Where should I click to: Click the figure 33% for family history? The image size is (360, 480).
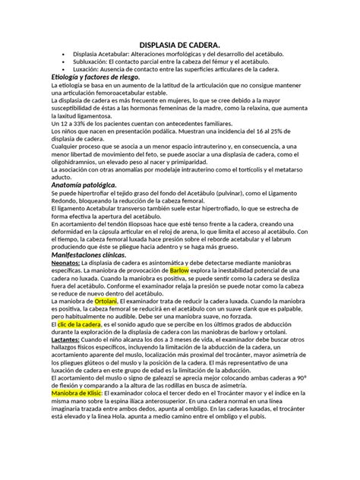pyautogui.click(x=79, y=122)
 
